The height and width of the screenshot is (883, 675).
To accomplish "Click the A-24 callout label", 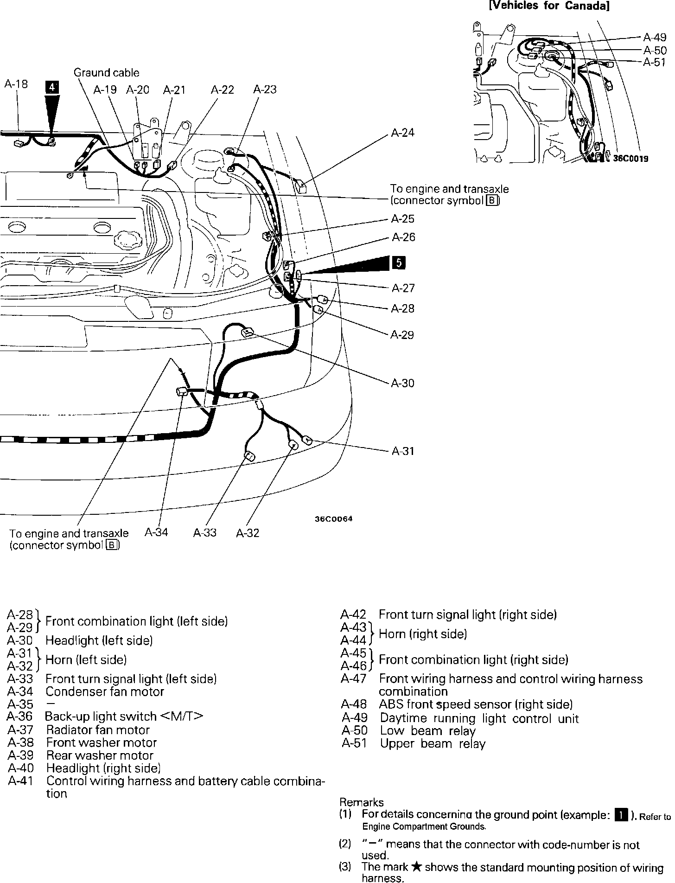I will tap(402, 133).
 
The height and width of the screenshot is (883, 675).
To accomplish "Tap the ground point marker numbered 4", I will tap(52, 88).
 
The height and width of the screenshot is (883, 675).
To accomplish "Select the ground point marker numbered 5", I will tap(398, 262).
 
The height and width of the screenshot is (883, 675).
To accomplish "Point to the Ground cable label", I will tap(106, 73).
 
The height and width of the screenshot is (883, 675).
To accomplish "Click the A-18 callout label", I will tap(16, 84).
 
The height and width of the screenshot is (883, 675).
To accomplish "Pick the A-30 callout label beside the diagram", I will tap(402, 383).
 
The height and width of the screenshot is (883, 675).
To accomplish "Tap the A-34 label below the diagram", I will tap(156, 532).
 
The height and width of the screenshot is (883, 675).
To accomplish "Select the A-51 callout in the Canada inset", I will tap(654, 62).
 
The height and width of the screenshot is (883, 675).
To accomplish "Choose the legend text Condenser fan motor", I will tap(105, 691).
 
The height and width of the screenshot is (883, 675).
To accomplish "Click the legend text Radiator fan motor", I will tap(98, 729).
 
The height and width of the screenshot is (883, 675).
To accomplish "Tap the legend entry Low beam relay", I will tap(427, 731).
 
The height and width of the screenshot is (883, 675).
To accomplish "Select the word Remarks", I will tap(362, 802).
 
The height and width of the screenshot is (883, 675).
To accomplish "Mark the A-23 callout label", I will tap(265, 90).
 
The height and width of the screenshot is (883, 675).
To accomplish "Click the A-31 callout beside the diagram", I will tap(403, 451).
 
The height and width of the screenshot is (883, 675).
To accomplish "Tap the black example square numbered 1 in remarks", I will tap(621, 814).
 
